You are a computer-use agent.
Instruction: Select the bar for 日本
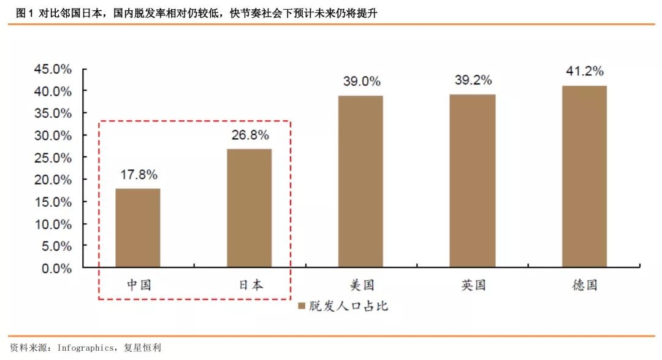click(x=249, y=208)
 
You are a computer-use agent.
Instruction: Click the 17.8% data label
click(x=138, y=175)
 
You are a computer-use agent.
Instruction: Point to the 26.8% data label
click(x=249, y=135)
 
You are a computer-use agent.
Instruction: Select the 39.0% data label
click(x=361, y=82)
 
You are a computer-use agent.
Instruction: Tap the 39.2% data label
click(x=473, y=81)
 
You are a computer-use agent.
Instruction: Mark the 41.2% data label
click(x=584, y=71)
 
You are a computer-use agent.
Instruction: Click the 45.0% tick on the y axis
click(x=52, y=69)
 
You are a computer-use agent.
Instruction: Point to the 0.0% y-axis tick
click(x=56, y=268)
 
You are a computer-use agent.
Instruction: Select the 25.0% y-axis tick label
click(x=52, y=158)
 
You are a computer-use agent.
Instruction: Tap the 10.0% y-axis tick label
click(x=52, y=224)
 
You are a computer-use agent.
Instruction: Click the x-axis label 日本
click(x=250, y=285)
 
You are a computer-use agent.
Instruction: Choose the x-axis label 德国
click(x=584, y=285)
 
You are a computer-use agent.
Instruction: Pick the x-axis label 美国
click(x=362, y=285)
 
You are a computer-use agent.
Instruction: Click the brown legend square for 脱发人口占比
click(x=302, y=305)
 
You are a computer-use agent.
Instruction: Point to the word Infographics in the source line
click(x=85, y=348)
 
